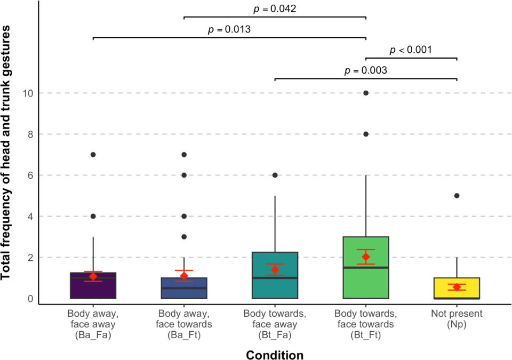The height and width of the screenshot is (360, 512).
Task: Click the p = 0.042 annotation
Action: (x=275, y=9)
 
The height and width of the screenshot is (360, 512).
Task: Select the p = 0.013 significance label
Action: (x=229, y=29)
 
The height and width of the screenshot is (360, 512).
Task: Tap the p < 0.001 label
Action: (x=411, y=50)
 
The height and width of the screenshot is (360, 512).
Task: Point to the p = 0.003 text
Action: (x=366, y=70)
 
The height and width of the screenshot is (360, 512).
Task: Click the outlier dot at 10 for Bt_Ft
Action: (x=366, y=93)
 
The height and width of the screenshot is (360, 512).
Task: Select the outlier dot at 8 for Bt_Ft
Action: (x=366, y=134)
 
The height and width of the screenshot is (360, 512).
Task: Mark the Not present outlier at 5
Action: (x=457, y=196)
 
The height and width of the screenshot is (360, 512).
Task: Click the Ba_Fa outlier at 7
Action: (x=93, y=155)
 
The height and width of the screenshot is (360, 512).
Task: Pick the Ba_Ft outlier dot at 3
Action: (x=184, y=237)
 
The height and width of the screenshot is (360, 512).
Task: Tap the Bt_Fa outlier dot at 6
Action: (x=275, y=175)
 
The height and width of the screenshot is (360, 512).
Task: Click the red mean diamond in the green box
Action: (x=366, y=257)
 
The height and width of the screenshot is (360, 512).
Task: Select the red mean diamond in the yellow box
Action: (x=457, y=287)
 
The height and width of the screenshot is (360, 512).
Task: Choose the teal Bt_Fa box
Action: (x=275, y=267)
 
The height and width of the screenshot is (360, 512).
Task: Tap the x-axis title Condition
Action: (x=275, y=355)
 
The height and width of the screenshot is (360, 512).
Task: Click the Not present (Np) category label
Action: (x=457, y=318)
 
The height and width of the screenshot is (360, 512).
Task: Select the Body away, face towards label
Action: (x=184, y=318)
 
